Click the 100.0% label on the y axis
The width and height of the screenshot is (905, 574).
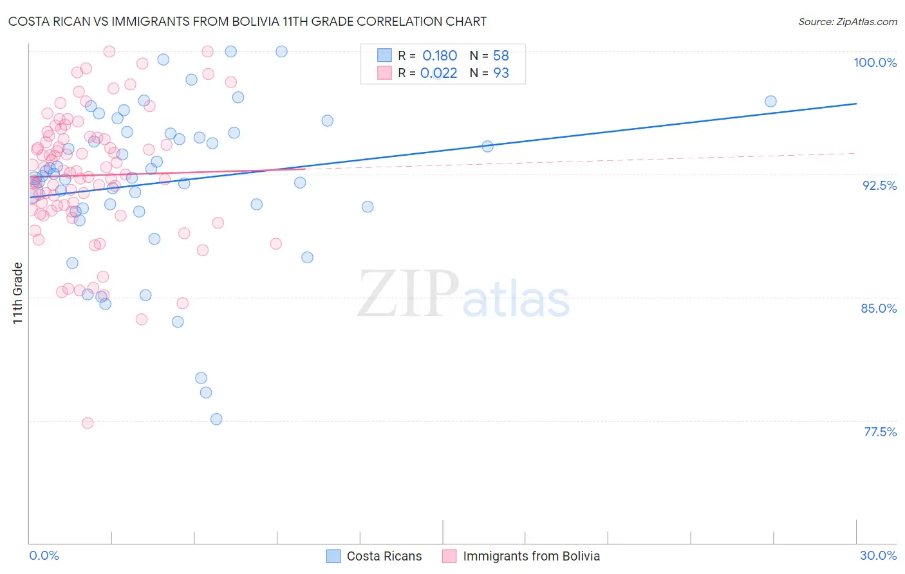(875, 62)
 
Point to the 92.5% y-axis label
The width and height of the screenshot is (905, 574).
(879, 185)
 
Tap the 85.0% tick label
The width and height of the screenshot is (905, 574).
(879, 308)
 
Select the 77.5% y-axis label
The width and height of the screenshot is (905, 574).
(880, 432)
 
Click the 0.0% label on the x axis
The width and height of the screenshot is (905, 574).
(44, 555)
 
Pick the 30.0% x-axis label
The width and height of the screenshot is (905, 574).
(878, 555)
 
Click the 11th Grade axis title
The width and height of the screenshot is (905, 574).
(17, 293)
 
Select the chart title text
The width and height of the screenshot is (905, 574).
(247, 21)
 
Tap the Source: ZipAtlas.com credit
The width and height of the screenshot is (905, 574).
(847, 22)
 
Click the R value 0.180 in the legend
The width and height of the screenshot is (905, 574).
(440, 56)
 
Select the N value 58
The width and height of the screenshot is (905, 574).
(501, 56)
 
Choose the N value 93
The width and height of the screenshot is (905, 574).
(501, 73)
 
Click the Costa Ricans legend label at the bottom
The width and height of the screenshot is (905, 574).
(384, 556)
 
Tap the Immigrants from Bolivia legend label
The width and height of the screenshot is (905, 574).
(531, 556)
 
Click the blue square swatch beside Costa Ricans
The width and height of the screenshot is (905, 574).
(333, 556)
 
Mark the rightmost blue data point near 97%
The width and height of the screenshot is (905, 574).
(770, 101)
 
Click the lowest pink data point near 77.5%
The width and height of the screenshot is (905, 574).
(88, 423)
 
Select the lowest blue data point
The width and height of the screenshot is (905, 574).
(216, 419)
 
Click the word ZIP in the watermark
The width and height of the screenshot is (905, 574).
(408, 294)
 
